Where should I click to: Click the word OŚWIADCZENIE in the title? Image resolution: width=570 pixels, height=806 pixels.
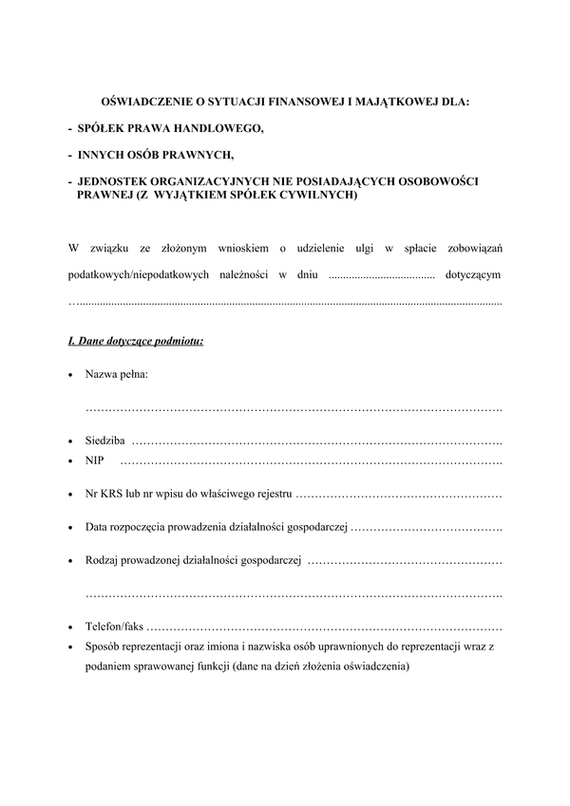click(145, 100)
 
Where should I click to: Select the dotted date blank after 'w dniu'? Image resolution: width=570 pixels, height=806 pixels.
click(380, 276)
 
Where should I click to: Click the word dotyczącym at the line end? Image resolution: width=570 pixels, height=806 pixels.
click(473, 275)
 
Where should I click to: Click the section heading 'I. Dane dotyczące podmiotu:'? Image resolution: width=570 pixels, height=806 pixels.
click(135, 339)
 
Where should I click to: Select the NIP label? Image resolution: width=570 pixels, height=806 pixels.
click(94, 460)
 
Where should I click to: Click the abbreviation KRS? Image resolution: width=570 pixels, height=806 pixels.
click(111, 495)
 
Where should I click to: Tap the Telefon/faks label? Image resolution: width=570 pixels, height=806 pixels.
click(115, 628)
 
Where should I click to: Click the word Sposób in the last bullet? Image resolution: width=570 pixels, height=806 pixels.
click(103, 647)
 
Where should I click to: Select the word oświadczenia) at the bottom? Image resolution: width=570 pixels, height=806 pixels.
click(374, 665)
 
